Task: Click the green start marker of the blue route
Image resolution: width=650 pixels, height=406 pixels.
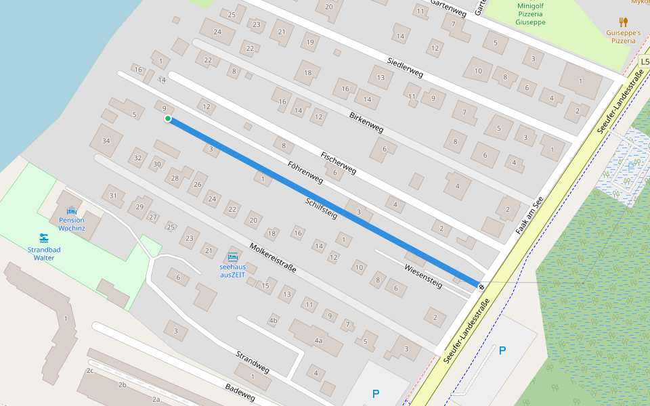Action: [x=167, y=119]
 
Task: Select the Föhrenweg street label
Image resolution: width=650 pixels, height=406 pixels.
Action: [x=305, y=173]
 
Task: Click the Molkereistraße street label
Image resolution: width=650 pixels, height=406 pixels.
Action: [x=272, y=257]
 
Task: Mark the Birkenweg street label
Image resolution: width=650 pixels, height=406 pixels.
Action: [x=366, y=120]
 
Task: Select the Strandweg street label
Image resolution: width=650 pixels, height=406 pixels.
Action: [x=253, y=362]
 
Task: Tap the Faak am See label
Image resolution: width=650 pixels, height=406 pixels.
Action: [x=529, y=216]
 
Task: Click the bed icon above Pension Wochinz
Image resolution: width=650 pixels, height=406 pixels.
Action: [x=72, y=210]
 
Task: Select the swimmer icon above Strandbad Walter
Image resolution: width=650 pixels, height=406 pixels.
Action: [x=44, y=238]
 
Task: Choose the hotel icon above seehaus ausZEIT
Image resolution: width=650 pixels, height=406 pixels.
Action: [x=233, y=256]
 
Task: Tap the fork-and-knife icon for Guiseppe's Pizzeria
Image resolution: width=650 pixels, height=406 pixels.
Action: [x=623, y=22]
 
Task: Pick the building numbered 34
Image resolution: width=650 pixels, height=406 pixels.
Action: [x=106, y=141]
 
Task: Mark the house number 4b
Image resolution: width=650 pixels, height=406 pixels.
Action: [x=274, y=320]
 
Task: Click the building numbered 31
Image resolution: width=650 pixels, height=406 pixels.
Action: [x=113, y=196]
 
